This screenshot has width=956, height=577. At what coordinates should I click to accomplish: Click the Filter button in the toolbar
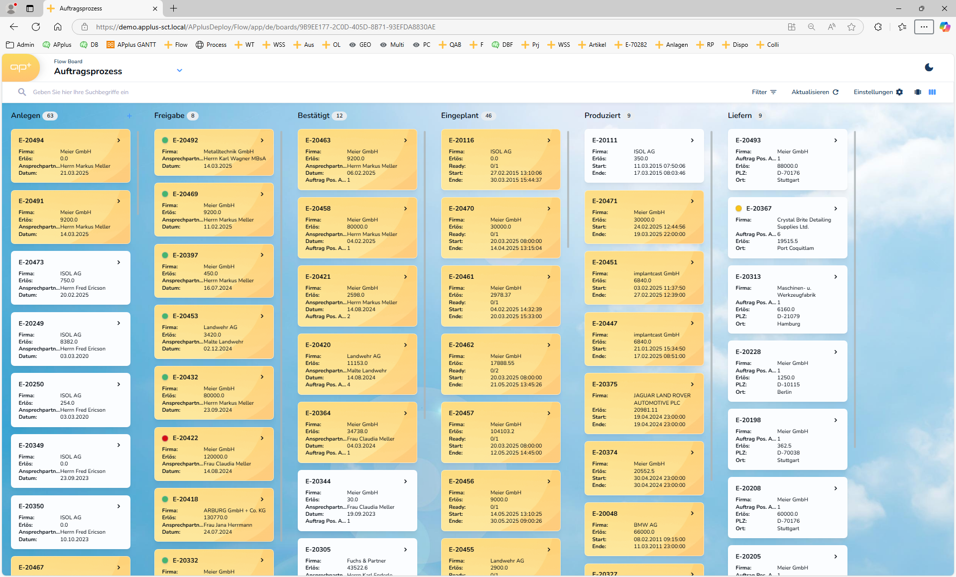pyautogui.click(x=764, y=92)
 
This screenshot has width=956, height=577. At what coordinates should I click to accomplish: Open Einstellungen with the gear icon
pyautogui.click(x=878, y=92)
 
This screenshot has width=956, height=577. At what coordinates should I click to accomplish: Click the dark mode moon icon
pyautogui.click(x=929, y=67)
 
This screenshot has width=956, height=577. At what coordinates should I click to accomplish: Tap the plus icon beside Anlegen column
pyautogui.click(x=129, y=116)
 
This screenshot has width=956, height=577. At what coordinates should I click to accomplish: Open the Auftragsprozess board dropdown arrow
pyautogui.click(x=180, y=71)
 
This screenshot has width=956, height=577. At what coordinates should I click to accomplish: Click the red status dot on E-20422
pyautogui.click(x=165, y=438)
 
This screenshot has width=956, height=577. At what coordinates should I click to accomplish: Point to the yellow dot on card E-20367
pyautogui.click(x=738, y=209)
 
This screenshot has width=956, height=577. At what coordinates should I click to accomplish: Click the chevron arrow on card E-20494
pyautogui.click(x=119, y=140)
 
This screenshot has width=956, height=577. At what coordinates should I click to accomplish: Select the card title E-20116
pyautogui.click(x=461, y=140)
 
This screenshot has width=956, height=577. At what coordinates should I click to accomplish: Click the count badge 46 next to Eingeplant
pyautogui.click(x=488, y=116)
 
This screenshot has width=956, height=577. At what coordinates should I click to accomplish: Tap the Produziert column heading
pyautogui.click(x=602, y=115)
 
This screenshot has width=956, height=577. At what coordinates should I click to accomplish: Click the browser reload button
pyautogui.click(x=36, y=27)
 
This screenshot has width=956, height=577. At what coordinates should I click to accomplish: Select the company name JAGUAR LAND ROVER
pyautogui.click(x=662, y=396)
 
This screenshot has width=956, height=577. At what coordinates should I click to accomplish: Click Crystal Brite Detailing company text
pyautogui.click(x=804, y=220)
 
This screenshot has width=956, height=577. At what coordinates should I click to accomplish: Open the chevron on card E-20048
pyautogui.click(x=692, y=513)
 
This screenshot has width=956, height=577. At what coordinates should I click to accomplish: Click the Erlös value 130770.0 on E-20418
pyautogui.click(x=216, y=518)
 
